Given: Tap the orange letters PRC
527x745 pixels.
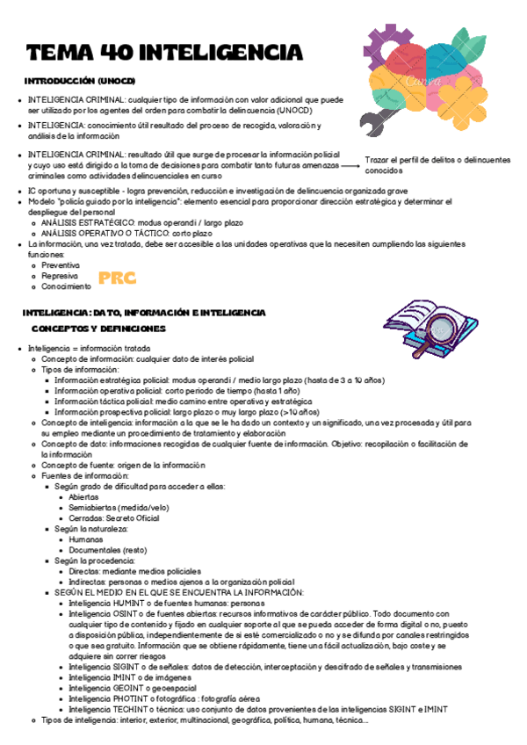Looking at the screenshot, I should pyautogui.click(x=117, y=278).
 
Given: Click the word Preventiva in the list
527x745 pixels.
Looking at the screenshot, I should pyautogui.click(x=61, y=264).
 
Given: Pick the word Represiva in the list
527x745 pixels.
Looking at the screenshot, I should pyautogui.click(x=60, y=275).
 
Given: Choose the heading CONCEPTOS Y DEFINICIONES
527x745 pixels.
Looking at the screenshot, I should pyautogui.click(x=98, y=329).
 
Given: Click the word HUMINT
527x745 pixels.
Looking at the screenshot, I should pyautogui.click(x=127, y=604).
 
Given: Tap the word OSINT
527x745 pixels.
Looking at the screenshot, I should pyautogui.click(x=126, y=613).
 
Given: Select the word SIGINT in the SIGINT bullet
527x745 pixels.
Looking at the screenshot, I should pyautogui.click(x=126, y=667).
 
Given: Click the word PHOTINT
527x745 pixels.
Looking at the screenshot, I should pyautogui.click(x=130, y=698).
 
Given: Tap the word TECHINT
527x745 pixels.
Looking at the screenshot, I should pyautogui.click(x=130, y=709).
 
